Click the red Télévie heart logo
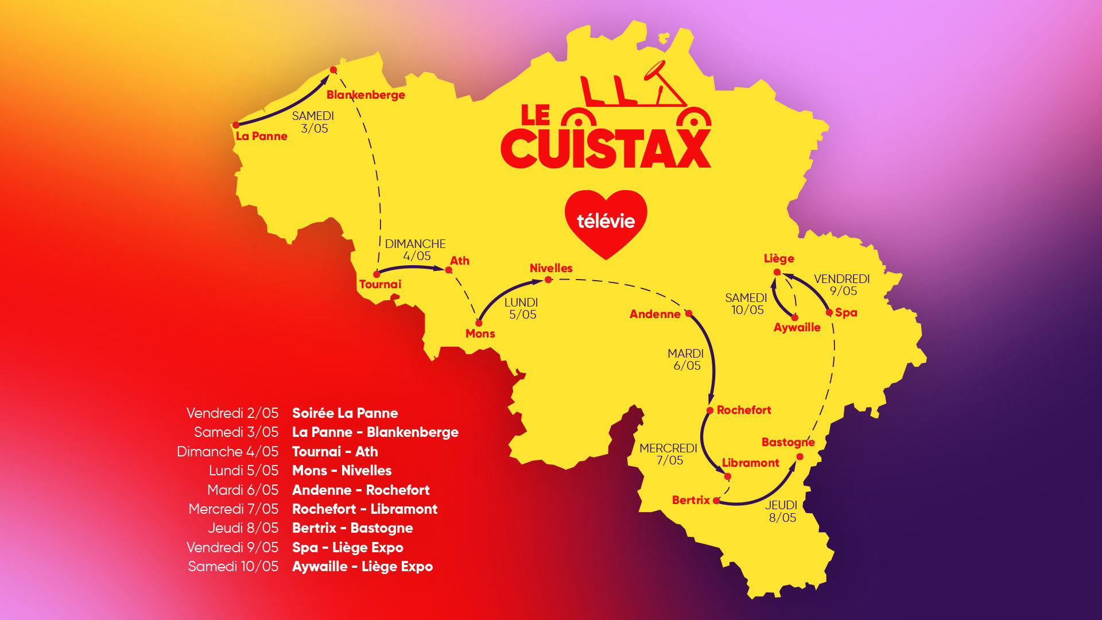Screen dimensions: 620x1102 click(606, 222)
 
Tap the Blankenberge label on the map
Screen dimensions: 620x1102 click(366, 95)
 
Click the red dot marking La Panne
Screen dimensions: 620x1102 click(236, 125)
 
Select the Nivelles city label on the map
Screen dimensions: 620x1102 click(551, 268)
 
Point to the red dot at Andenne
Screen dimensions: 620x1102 click(689, 313)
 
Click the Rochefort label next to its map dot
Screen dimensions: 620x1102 click(744, 410)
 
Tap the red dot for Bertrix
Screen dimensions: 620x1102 click(716, 501)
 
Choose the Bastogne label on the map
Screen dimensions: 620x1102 click(788, 442)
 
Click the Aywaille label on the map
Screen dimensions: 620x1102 click(797, 327)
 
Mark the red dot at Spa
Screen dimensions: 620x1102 click(829, 312)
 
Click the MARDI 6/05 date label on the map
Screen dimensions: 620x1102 click(686, 359)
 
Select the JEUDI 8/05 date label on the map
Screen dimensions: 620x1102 click(782, 511)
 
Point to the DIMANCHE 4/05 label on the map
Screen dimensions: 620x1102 click(416, 250)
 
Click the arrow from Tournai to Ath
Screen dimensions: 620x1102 click(412, 268)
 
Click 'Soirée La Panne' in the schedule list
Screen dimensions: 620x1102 click(345, 413)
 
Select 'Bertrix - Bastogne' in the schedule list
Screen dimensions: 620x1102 click(352, 528)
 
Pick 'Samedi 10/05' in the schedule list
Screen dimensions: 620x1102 click(233, 567)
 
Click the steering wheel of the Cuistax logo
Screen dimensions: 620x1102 click(654, 70)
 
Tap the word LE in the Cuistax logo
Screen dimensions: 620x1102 click(535, 115)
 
